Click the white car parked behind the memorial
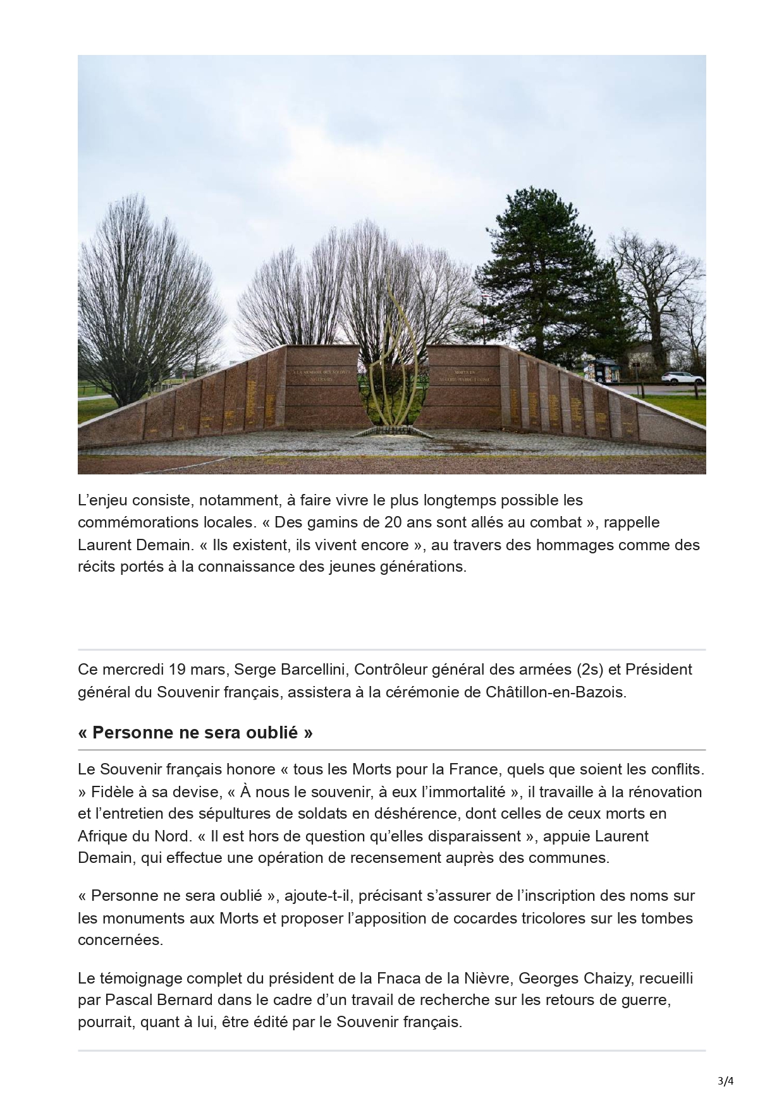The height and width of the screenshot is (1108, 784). [682, 378]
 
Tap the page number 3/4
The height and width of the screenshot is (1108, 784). [726, 1081]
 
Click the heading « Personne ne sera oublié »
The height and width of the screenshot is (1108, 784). [195, 733]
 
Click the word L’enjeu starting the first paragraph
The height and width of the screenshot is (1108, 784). [102, 500]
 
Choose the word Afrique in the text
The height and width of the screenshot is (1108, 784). [102, 836]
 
